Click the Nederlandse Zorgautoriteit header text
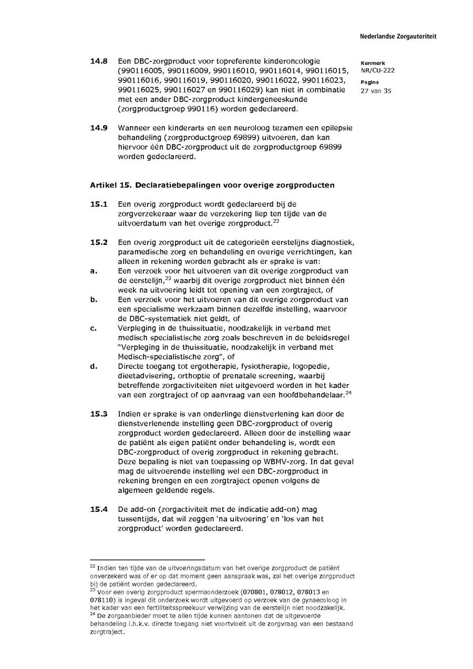coord(398,37)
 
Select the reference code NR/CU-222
coord(377,70)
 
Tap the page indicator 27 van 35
coord(376,90)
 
